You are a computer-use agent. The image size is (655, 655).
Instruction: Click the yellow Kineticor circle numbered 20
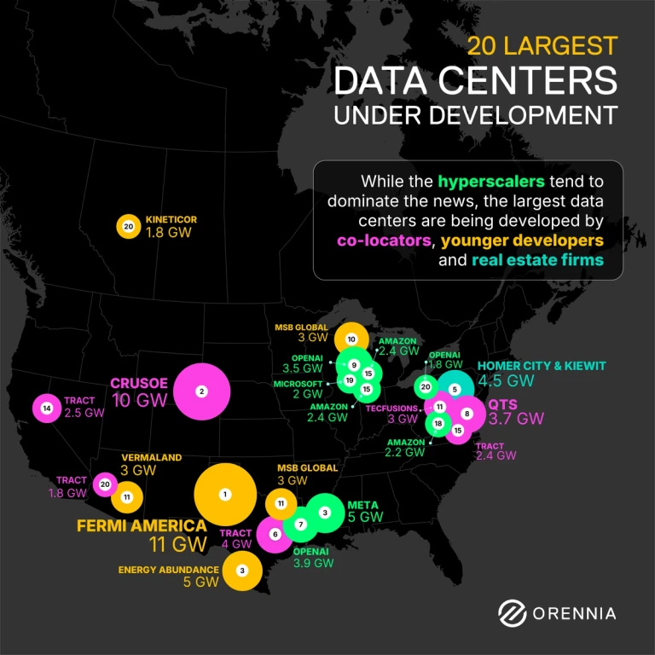coord(128,226)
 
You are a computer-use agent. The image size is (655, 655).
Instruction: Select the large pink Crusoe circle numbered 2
coord(201,391)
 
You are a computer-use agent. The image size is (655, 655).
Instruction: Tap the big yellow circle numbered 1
coord(225,494)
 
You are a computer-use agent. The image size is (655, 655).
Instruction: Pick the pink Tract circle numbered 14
coord(45,409)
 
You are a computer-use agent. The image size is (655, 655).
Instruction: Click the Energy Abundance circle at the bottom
coord(242,570)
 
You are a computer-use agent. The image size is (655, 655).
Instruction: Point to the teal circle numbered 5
coord(455,390)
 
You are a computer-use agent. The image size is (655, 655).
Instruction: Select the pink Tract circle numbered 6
coord(275,535)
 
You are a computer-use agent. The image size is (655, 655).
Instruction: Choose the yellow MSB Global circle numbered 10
coord(351,339)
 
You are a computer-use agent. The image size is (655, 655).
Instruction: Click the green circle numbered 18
coord(438,424)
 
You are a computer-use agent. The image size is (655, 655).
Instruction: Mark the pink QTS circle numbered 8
coord(467,414)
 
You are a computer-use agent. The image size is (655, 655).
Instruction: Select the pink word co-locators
coord(384,241)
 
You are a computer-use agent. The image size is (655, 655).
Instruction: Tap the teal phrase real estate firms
coord(537,260)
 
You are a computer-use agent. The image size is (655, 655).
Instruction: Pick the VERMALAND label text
coord(151,457)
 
